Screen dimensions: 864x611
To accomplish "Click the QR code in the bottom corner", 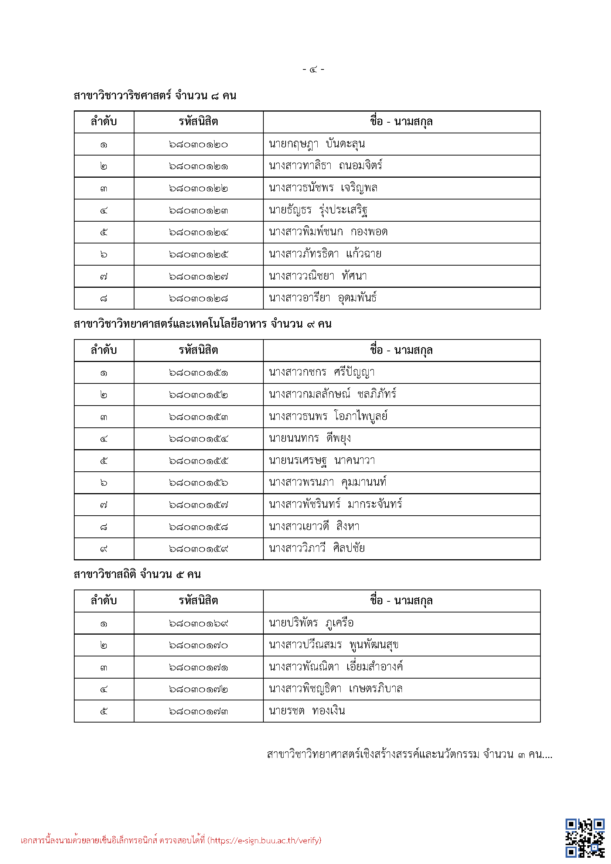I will (584, 838).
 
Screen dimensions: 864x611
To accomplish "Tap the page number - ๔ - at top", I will (313, 69).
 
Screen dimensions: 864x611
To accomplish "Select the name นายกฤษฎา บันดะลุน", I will (317, 144).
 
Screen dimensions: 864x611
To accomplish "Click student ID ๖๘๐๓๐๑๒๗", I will (198, 277).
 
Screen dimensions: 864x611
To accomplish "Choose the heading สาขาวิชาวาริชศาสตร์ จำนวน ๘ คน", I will (155, 96).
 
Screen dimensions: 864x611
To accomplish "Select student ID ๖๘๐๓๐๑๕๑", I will (198, 373).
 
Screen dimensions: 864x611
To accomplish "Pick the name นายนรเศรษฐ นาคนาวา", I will (322, 461).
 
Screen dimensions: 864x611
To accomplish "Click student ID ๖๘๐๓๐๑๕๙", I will (198, 549).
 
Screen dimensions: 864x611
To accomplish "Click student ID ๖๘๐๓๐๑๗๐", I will (198, 645).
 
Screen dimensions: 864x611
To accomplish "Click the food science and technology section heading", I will (202, 324).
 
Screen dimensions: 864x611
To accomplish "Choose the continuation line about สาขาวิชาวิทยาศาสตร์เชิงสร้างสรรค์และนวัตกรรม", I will (409, 755).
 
